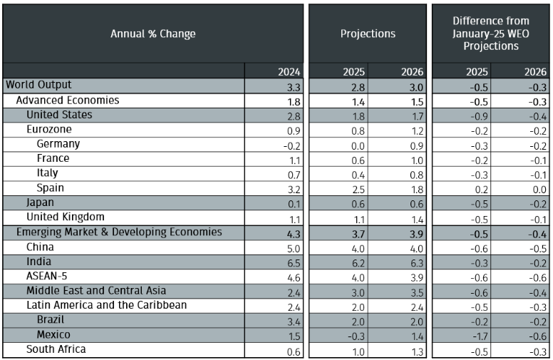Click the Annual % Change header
click(153, 34)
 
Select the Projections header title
click(368, 34)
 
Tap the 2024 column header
click(289, 72)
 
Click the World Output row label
click(38, 85)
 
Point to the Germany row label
click(58, 144)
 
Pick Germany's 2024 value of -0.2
click(291, 145)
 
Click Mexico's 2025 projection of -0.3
click(356, 336)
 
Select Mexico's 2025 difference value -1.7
click(480, 336)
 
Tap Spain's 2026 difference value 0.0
click(539, 190)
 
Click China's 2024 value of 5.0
click(294, 249)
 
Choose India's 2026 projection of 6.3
click(416, 263)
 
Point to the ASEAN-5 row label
click(46, 276)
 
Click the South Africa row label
click(56, 349)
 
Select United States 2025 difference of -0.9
click(480, 116)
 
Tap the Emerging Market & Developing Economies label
click(119, 232)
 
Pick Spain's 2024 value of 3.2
click(294, 190)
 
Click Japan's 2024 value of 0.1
click(294, 204)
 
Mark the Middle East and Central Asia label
click(96, 290)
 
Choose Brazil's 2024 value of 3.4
click(294, 322)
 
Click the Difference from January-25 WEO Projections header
click(491, 34)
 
